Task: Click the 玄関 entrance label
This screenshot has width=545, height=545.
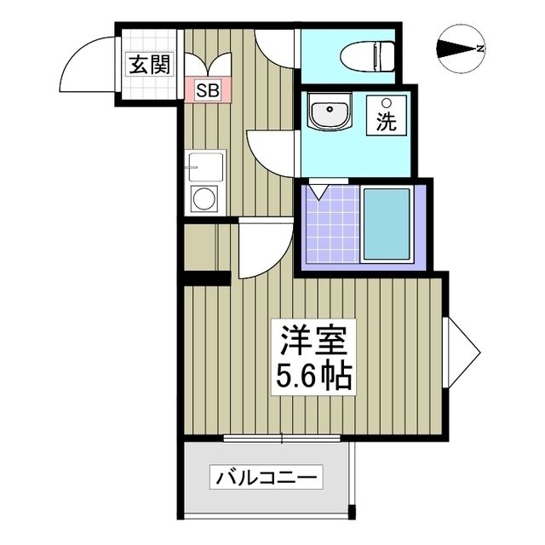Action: click(x=149, y=64)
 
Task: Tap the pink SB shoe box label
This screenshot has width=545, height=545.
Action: click(x=206, y=89)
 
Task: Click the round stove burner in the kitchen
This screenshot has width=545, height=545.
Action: click(x=204, y=199)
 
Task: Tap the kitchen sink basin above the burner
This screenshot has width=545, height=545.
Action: click(x=205, y=166)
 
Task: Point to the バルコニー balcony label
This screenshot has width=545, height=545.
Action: click(x=267, y=477)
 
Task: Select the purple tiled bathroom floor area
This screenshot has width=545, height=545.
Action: click(x=328, y=227)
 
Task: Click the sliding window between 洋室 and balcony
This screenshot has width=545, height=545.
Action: click(x=282, y=439)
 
